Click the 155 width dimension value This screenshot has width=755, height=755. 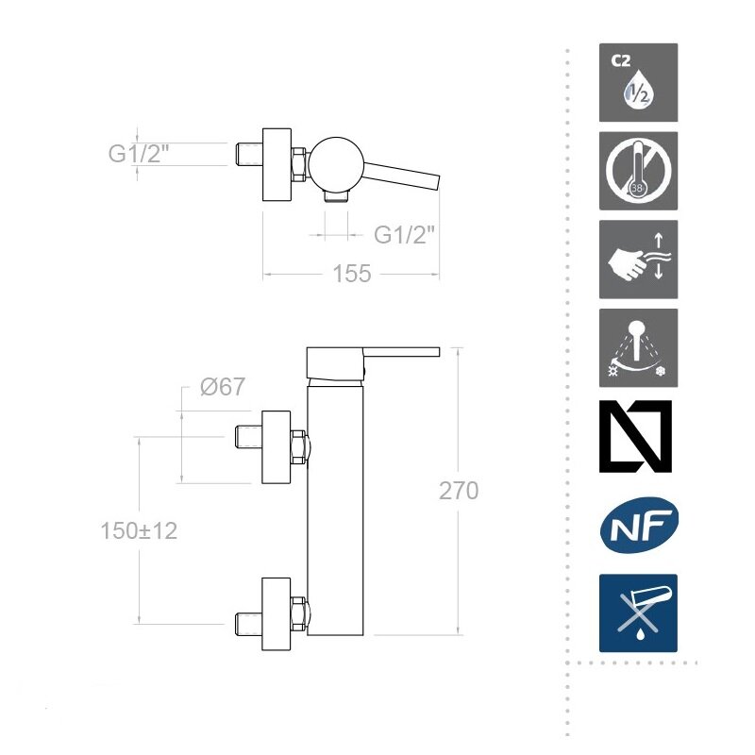click(x=352, y=274)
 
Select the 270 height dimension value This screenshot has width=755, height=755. click(x=459, y=491)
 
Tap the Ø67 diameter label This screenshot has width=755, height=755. click(x=223, y=387)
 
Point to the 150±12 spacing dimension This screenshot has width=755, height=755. click(x=139, y=531)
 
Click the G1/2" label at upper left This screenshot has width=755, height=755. click(x=139, y=154)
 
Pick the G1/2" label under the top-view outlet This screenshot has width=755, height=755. click(x=405, y=235)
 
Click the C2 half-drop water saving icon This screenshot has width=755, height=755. click(x=638, y=82)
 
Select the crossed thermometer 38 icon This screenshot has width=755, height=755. click(x=638, y=171)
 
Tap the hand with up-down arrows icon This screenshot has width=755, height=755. click(x=638, y=260)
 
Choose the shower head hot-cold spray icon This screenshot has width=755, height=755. click(x=638, y=347)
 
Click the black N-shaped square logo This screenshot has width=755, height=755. click(x=635, y=436)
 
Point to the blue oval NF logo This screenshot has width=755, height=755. click(x=639, y=525)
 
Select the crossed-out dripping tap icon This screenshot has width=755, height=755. click(x=638, y=612)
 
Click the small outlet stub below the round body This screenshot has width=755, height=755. click(x=336, y=196)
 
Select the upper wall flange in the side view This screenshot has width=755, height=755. click(x=276, y=447)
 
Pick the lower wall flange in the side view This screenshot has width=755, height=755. click(x=276, y=614)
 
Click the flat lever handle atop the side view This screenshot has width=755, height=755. click(x=373, y=362)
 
